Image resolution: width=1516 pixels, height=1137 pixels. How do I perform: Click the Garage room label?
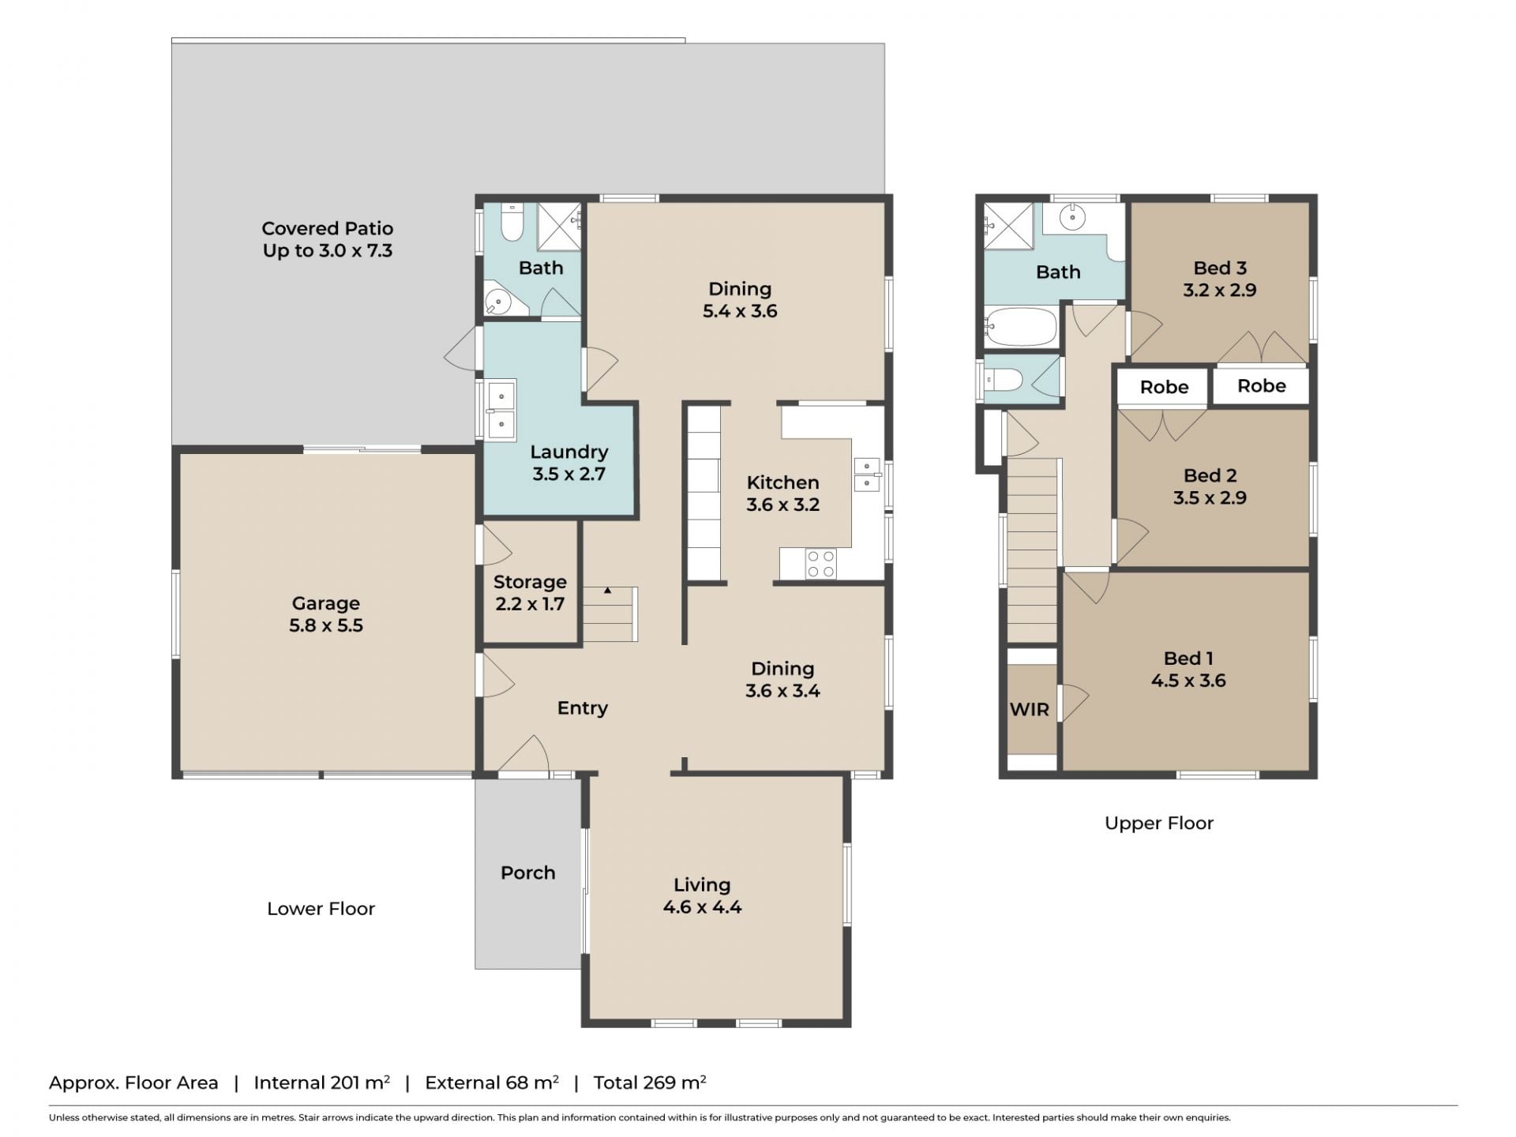pos(326,603)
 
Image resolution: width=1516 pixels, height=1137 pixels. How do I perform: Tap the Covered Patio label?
pos(327,228)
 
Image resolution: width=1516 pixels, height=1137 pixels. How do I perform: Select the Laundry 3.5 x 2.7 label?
pos(568,463)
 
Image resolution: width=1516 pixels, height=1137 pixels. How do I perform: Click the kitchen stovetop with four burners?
pos(820,563)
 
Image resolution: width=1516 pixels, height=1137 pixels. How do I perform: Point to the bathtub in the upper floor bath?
pos(1020,327)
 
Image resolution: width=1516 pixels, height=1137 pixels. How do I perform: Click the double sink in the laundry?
pos(501,410)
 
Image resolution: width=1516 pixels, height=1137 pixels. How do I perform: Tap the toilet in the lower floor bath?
pos(512,222)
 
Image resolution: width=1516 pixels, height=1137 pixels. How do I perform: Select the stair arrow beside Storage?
pos(608,590)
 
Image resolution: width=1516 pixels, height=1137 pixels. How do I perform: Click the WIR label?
pos(1030,709)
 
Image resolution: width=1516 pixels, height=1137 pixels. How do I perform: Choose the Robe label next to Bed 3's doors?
pos(1261,386)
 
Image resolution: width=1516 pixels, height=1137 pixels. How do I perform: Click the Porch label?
pos(527,872)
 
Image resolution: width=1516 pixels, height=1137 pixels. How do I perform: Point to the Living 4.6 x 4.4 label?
pos(702,896)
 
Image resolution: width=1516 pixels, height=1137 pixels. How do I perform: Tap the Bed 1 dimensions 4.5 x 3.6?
pos(1188,681)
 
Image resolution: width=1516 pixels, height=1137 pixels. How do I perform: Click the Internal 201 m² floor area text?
pos(321,1083)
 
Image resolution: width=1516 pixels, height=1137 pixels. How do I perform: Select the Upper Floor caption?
pos(1158,823)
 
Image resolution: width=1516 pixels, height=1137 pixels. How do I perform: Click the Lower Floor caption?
pos(321,909)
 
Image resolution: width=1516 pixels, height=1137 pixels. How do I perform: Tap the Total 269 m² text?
pos(650,1083)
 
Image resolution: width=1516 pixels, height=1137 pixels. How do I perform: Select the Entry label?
pos(582,708)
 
